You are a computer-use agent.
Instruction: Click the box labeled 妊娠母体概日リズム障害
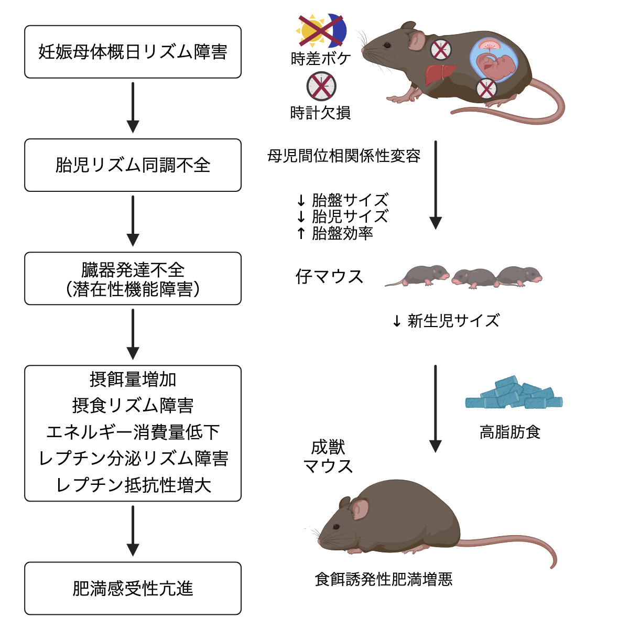133,52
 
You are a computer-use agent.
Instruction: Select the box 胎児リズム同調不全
133,165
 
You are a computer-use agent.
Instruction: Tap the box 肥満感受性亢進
133,588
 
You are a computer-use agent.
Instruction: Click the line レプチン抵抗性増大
133,485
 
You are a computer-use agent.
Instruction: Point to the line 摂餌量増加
133,379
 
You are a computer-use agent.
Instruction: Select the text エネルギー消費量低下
133,432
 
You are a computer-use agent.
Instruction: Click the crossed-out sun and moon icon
321,31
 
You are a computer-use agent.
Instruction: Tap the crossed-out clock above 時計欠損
321,86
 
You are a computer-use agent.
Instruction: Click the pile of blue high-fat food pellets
514,394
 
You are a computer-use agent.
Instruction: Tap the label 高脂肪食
509,432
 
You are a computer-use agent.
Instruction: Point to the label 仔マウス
329,276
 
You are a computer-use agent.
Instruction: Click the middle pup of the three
473,277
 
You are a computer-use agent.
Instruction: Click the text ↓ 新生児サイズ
446,320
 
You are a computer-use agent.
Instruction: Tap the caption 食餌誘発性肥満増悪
383,579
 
